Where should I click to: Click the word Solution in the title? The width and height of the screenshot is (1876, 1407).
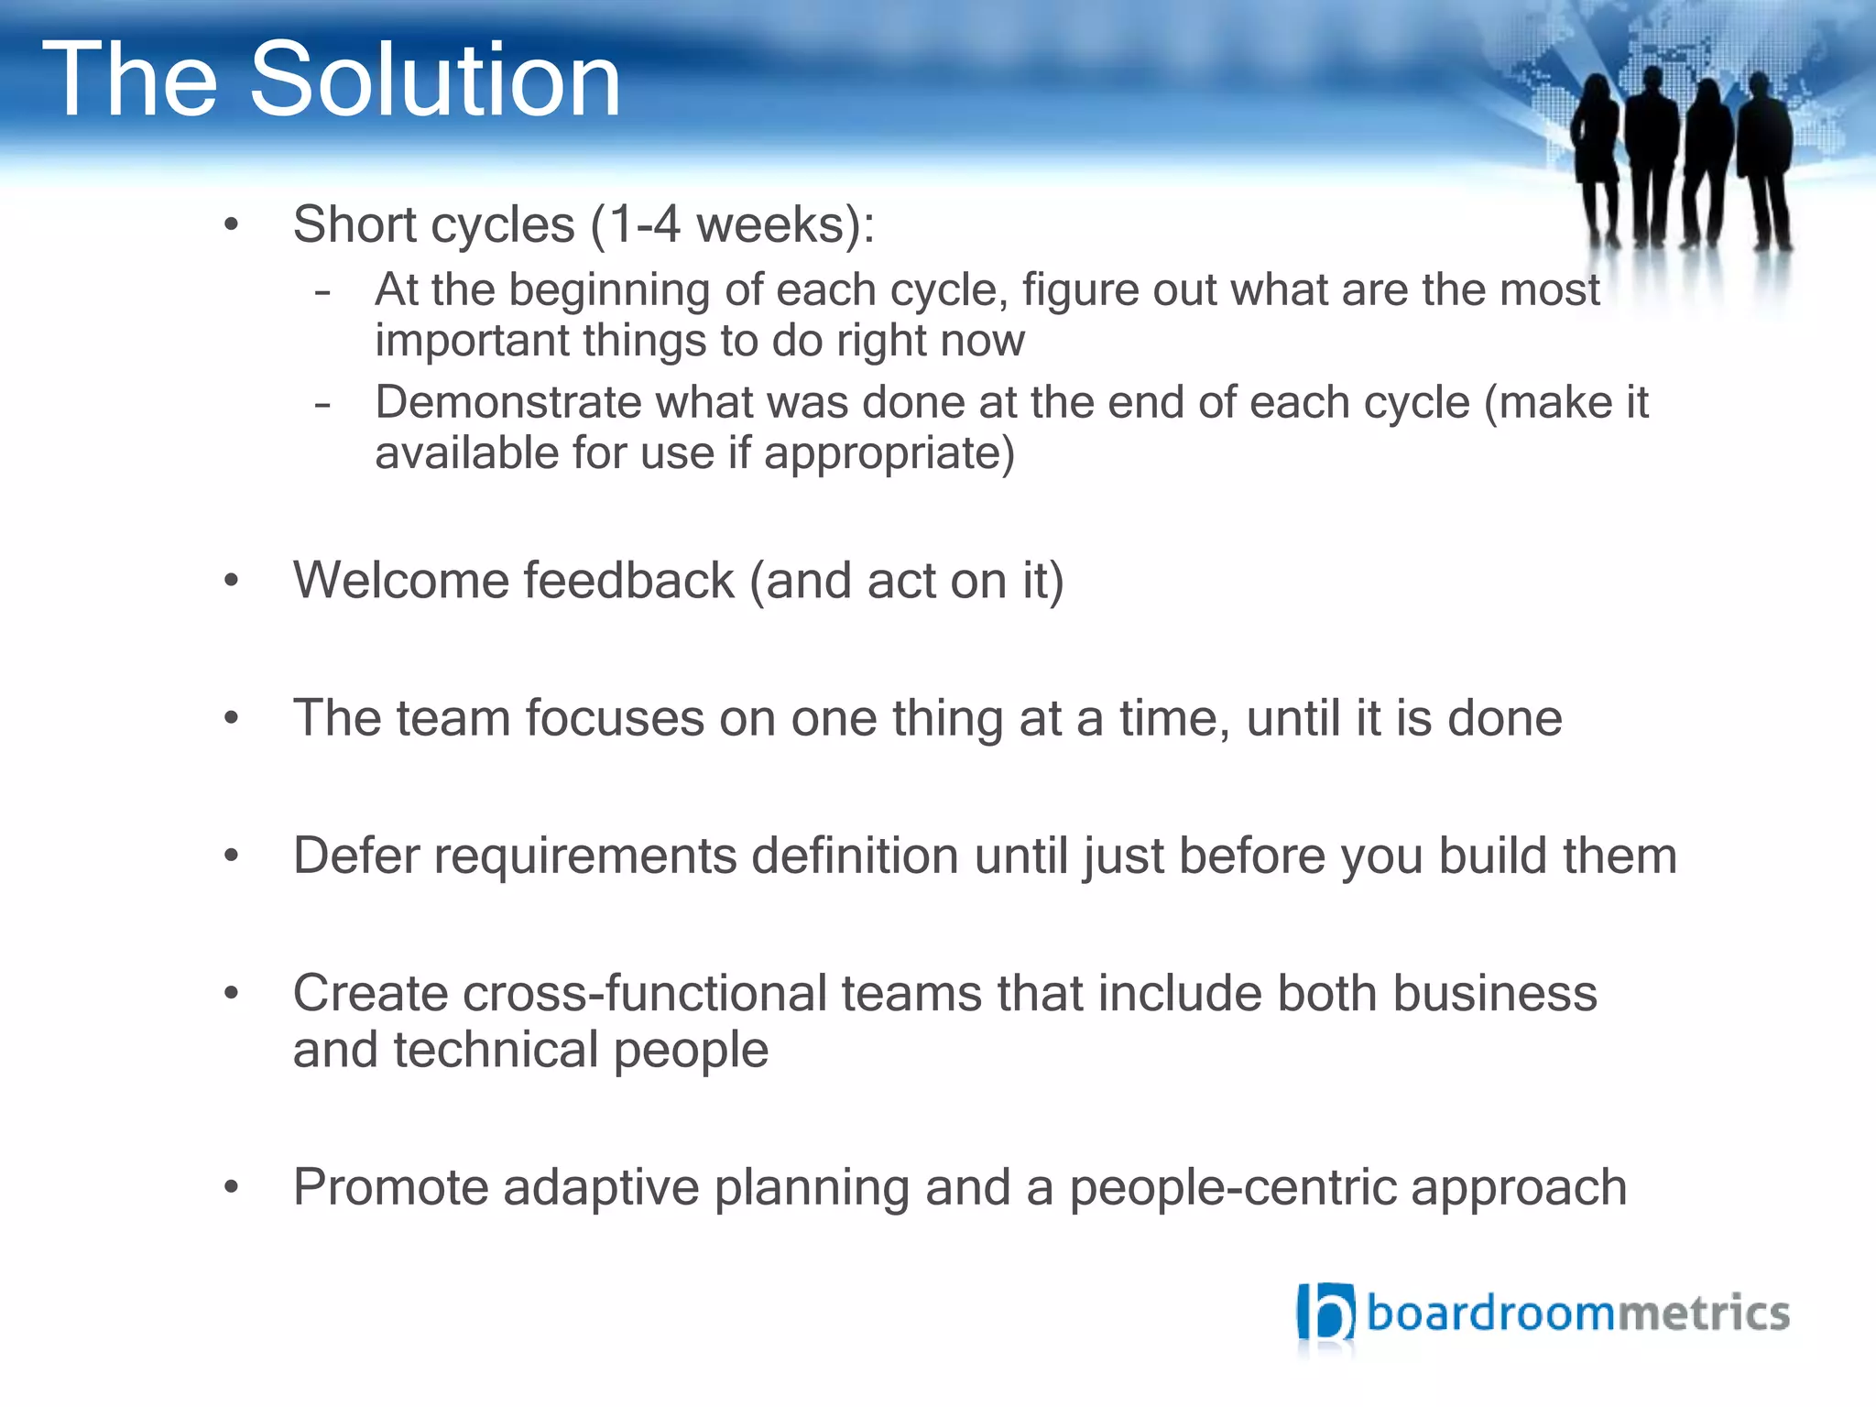434,81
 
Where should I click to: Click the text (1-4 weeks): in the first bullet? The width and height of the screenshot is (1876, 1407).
732,224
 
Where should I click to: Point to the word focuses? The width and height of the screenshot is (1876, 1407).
614,718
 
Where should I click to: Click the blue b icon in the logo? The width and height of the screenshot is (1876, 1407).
1325,1313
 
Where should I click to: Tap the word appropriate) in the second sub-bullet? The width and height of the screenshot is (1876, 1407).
889,453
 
